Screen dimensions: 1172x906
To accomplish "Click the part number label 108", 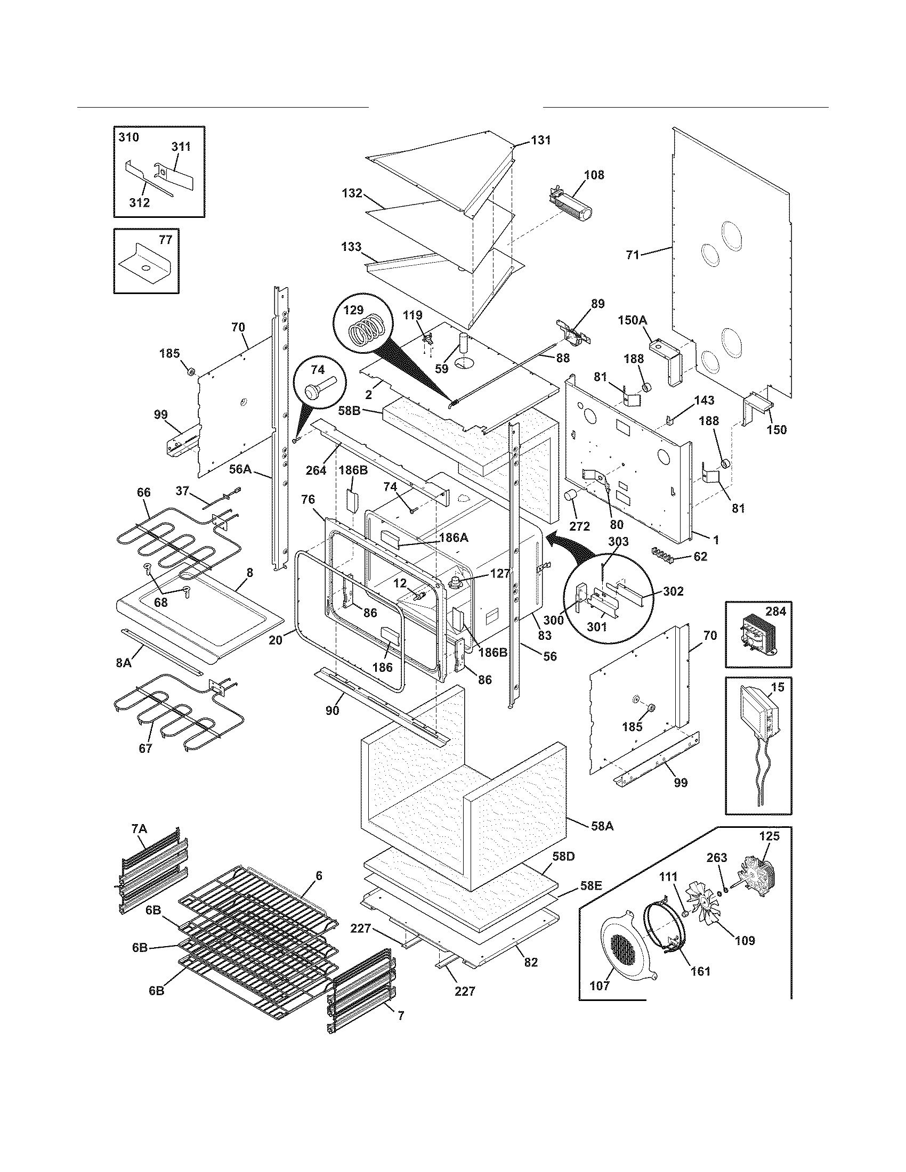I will pyautogui.click(x=594, y=174).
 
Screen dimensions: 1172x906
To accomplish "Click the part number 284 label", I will pyautogui.click(x=775, y=612).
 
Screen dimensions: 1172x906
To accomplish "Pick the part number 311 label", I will pyautogui.click(x=181, y=147).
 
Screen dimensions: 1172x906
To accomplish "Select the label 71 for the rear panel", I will pyautogui.click(x=633, y=255).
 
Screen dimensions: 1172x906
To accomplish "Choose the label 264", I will pyautogui.click(x=316, y=470).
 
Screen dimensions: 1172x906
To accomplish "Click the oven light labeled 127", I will pyautogui.click(x=457, y=582).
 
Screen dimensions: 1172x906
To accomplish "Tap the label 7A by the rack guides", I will pyautogui.click(x=139, y=829).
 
